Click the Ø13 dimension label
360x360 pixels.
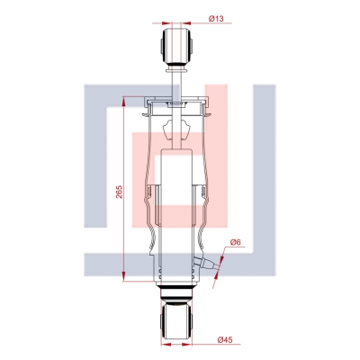216,19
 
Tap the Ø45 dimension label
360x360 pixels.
225,340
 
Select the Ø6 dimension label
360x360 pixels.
236,242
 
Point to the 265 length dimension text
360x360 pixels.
119,192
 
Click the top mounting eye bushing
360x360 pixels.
176,47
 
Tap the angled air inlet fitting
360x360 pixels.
206,262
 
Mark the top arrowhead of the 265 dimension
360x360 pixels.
123,101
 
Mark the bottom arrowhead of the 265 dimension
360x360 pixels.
123,277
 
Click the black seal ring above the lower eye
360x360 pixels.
176,289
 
